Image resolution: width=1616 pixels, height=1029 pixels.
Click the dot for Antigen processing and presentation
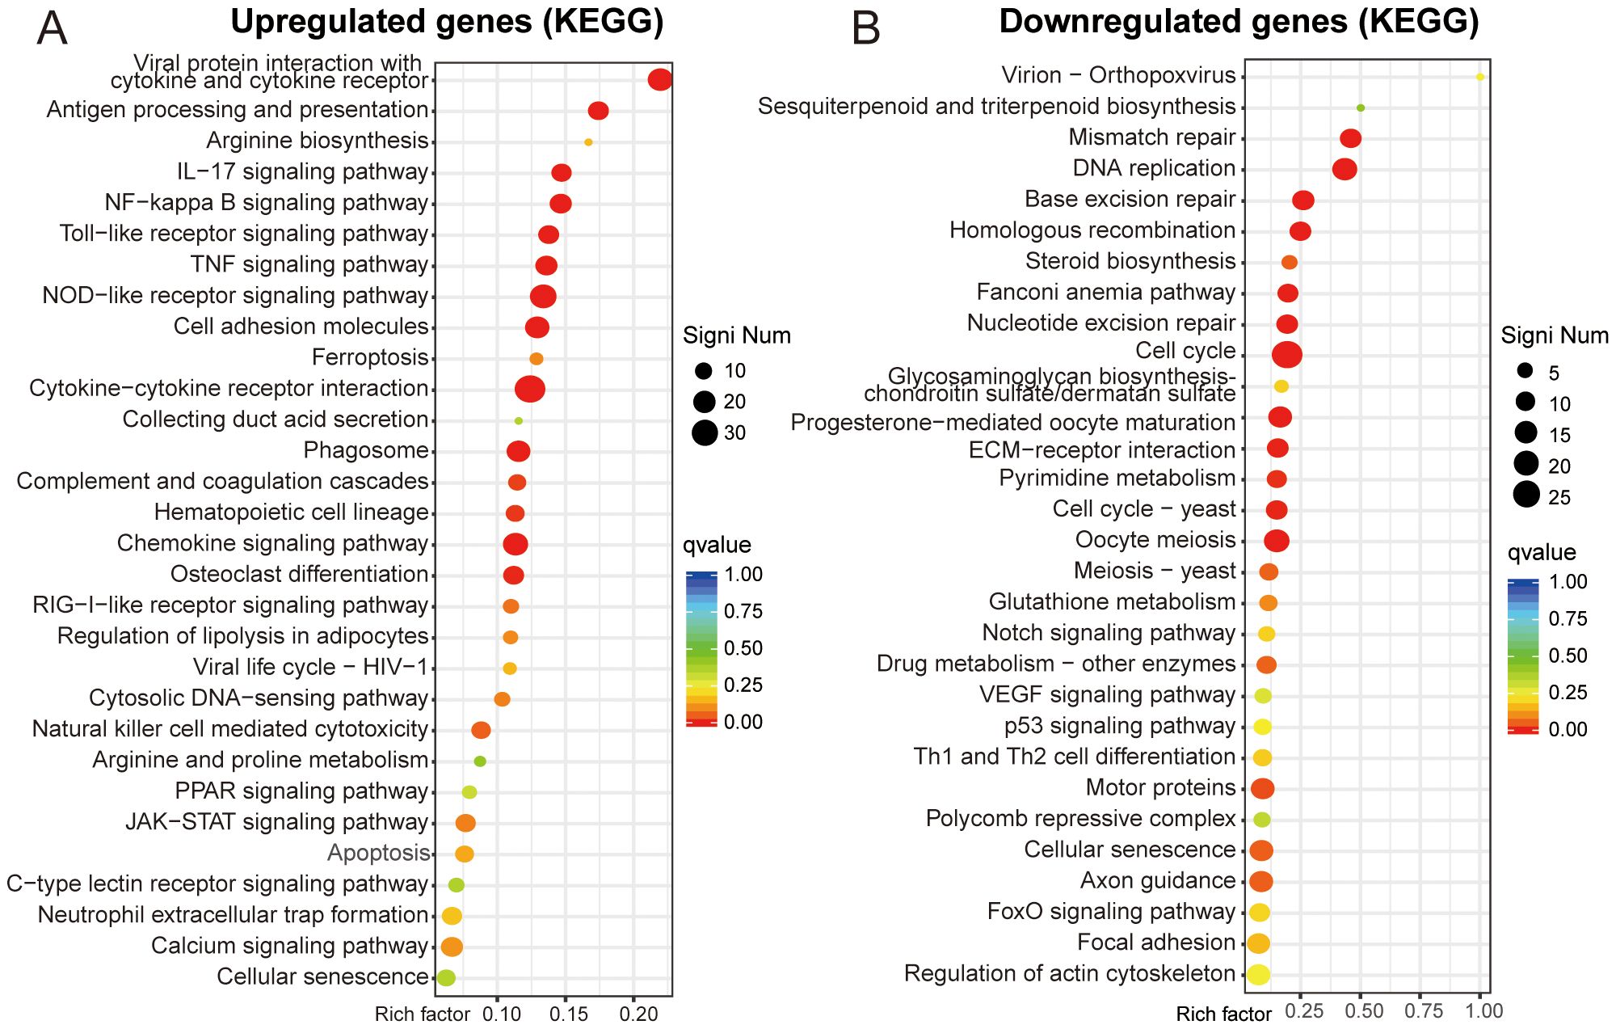point(598,111)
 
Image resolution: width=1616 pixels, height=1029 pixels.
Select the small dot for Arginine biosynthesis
point(588,142)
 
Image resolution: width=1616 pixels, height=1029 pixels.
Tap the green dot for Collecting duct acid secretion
point(519,421)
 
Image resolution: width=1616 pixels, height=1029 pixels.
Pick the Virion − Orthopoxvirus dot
point(1479,77)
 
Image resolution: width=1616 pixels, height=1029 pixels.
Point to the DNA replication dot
point(1345,169)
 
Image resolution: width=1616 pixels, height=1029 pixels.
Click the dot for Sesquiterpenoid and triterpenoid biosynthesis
point(1361,108)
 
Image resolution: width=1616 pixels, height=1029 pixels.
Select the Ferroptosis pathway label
point(370,357)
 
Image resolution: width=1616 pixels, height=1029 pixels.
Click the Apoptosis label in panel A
point(378,853)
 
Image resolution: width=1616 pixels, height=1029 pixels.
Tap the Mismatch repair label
point(1151,137)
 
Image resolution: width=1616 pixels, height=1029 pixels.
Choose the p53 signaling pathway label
point(1120,726)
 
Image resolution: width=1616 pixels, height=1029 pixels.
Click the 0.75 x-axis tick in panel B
point(1424,1010)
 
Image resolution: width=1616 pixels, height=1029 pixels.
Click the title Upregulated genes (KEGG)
point(447,22)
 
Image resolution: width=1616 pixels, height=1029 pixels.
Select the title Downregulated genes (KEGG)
point(1239,22)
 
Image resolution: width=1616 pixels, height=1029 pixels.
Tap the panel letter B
point(865,28)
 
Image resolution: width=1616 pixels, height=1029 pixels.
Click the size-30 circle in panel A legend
point(705,433)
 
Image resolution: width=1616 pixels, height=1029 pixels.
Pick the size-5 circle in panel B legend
point(1525,372)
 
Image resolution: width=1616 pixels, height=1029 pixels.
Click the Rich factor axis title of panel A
point(422,1014)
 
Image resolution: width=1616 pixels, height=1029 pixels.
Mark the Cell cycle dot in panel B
point(1286,354)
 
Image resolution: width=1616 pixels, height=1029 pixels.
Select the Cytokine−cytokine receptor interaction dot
point(530,389)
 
